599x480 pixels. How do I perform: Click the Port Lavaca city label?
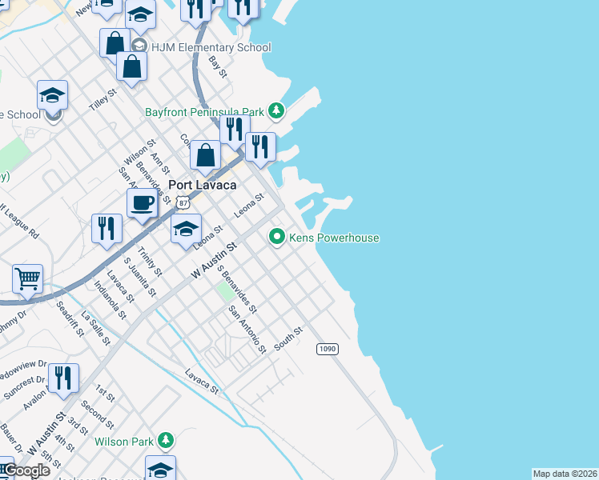click(202, 185)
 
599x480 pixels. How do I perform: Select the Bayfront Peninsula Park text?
click(204, 112)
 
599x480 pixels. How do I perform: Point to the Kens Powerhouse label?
click(335, 238)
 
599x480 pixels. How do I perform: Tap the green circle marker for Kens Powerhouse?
click(277, 236)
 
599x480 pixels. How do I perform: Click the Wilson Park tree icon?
click(166, 440)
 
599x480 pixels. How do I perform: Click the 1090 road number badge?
click(327, 349)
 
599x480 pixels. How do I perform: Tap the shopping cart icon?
click(27, 279)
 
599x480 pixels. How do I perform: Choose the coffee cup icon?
click(142, 203)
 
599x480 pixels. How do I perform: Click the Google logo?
click(26, 470)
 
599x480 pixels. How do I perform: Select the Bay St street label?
click(217, 66)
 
